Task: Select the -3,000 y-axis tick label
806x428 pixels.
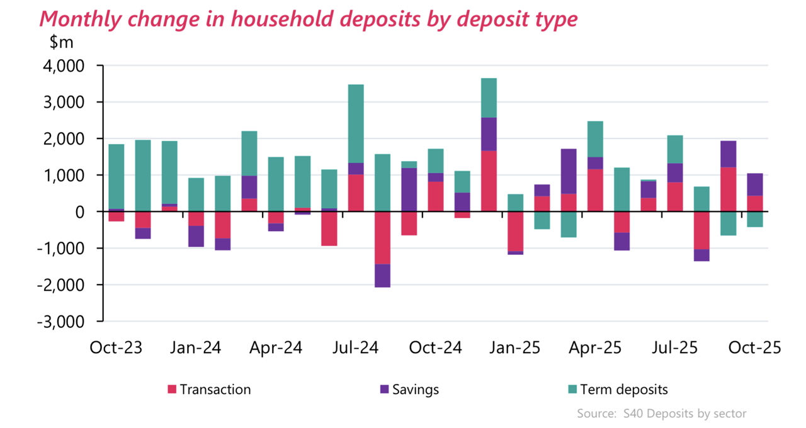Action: pyautogui.click(x=63, y=322)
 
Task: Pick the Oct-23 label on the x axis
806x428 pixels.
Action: pyautogui.click(x=116, y=348)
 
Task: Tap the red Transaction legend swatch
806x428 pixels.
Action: pyautogui.click(x=172, y=390)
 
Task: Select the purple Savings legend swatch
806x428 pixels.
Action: pyautogui.click(x=384, y=390)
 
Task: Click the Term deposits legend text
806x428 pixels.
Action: pyautogui.click(x=624, y=390)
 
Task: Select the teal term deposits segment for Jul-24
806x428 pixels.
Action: pyautogui.click(x=356, y=123)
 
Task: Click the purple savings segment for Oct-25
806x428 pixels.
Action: pyautogui.click(x=755, y=184)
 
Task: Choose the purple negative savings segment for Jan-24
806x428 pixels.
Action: pyautogui.click(x=196, y=236)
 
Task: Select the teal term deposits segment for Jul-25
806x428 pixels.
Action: pyautogui.click(x=675, y=149)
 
